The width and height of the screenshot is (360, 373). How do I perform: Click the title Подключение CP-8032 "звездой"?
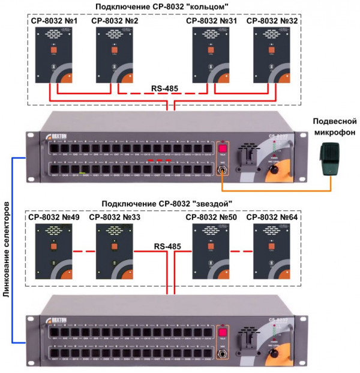pyautogui.click(x=166, y=203)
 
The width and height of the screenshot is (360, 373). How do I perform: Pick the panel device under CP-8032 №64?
pyautogui.click(x=273, y=251)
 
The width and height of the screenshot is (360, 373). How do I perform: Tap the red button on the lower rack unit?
pyautogui.click(x=223, y=333)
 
